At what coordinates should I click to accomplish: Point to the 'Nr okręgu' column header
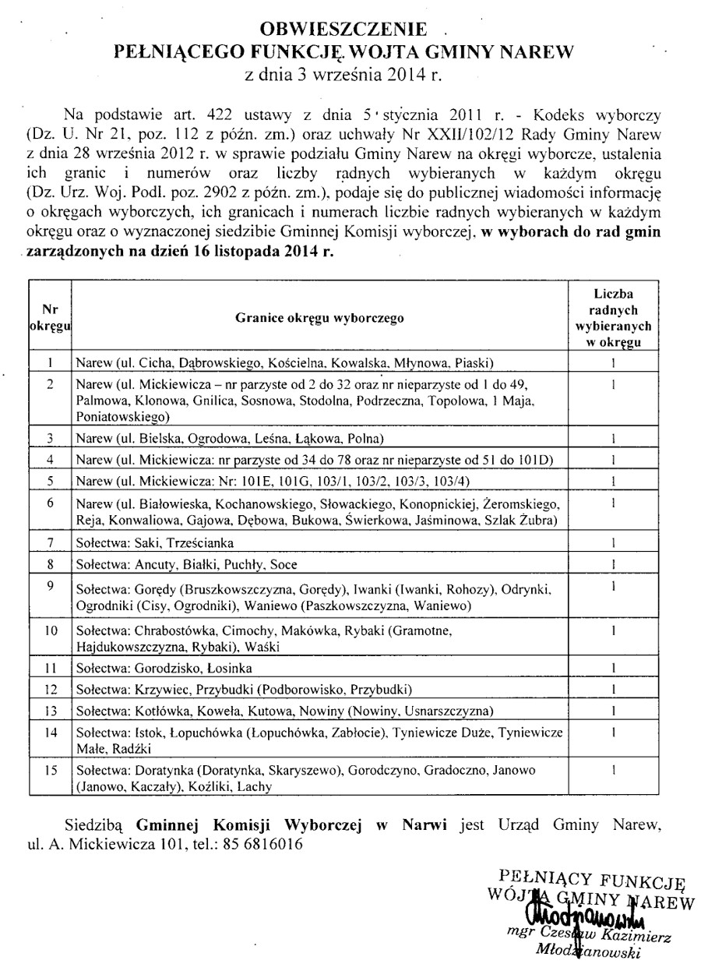50,318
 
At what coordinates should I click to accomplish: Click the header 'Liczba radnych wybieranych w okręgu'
614,318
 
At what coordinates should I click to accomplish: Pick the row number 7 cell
50,542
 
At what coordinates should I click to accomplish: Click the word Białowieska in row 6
178,503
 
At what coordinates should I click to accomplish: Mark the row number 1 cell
50,362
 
